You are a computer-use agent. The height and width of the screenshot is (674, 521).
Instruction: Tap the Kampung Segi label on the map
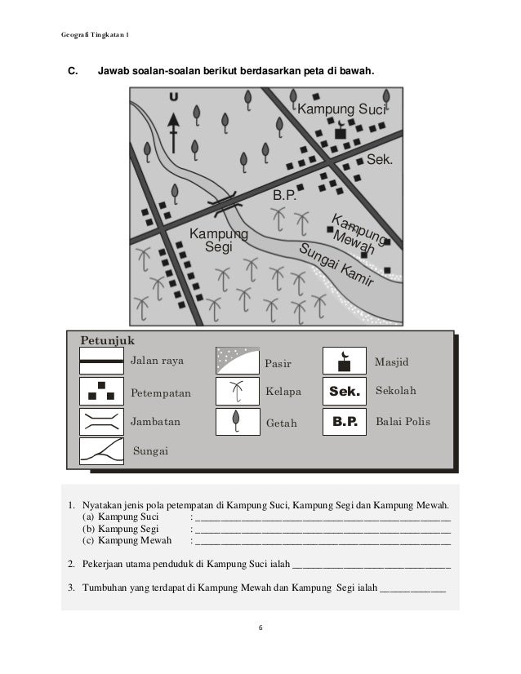point(218,241)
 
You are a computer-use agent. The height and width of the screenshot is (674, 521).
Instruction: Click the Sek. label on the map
point(380,159)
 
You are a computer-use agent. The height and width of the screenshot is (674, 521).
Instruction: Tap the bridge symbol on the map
point(223,204)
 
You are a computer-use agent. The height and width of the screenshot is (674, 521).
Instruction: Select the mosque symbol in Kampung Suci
point(341,132)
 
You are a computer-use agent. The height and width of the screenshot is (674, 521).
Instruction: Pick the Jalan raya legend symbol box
point(101,361)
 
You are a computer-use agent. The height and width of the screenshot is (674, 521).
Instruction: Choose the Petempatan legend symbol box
point(101,392)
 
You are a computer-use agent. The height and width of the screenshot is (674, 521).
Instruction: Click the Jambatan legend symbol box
point(101,422)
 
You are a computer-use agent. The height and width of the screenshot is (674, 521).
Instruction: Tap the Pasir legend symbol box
point(237,361)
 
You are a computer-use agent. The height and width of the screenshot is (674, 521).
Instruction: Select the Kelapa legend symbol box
point(237,392)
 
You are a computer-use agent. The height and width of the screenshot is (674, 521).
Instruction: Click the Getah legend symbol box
point(237,422)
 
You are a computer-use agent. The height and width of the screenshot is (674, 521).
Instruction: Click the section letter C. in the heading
point(72,73)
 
